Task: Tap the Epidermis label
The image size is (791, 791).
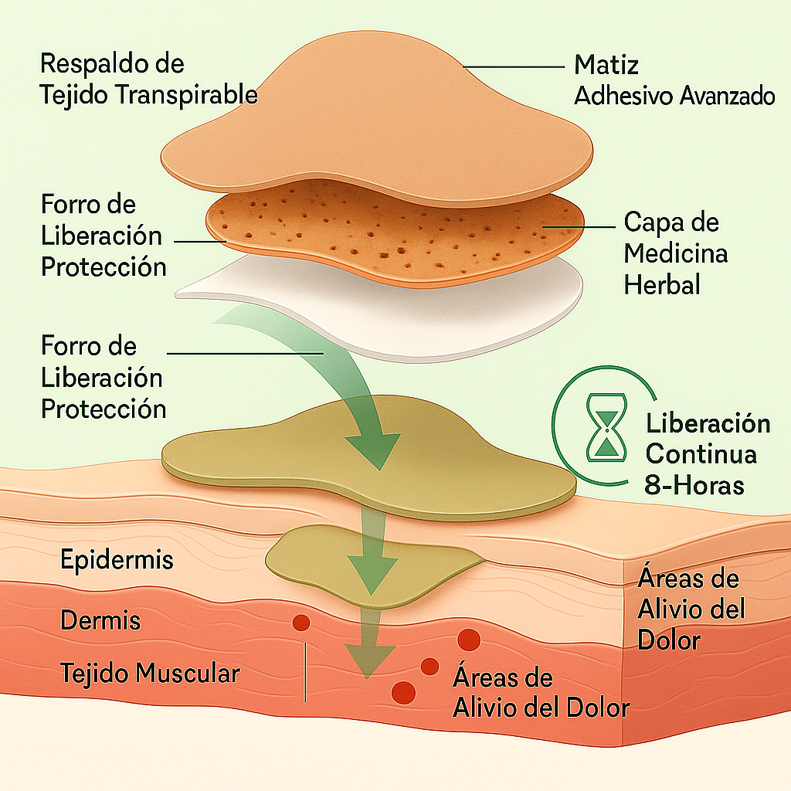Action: [116, 560]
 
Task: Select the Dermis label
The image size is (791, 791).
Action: [100, 620]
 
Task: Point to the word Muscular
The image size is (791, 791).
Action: [188, 673]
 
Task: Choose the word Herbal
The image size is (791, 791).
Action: [662, 284]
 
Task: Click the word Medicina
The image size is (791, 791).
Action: [676, 253]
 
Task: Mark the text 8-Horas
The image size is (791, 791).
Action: [694, 485]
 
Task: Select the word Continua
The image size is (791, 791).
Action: [701, 454]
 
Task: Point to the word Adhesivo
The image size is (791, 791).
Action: [624, 96]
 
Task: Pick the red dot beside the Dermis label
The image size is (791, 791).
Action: [300, 622]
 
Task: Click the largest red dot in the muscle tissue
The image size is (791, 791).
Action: [468, 640]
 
